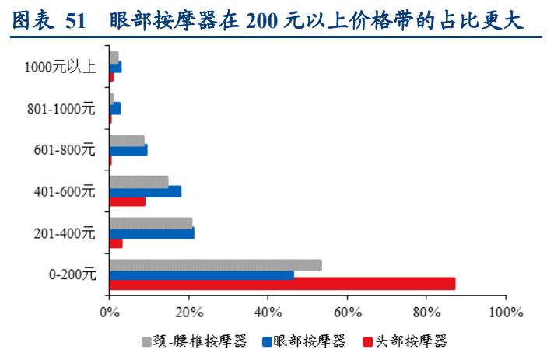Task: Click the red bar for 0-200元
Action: pos(282,284)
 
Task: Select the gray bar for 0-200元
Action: pos(215,265)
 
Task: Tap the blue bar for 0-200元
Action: pos(201,274)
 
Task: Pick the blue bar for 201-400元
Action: pos(151,232)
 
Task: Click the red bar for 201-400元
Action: pos(115,243)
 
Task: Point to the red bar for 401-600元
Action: pos(127,201)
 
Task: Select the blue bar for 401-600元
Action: pos(145,191)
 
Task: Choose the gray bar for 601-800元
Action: pos(126,140)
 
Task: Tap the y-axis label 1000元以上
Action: pos(61,67)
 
